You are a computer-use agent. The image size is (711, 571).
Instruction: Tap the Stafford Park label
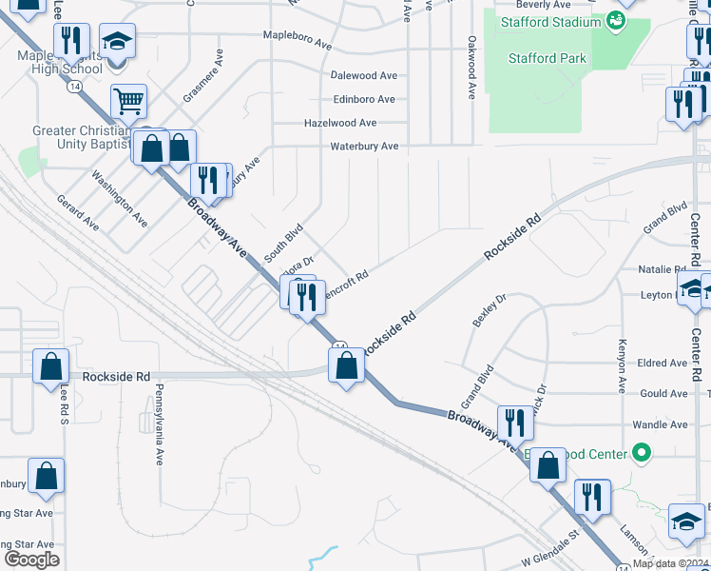[547, 58]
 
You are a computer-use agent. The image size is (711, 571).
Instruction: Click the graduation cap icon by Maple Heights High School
[117, 42]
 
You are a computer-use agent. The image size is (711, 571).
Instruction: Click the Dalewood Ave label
[363, 75]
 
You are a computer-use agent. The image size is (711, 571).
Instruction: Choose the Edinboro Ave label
[364, 99]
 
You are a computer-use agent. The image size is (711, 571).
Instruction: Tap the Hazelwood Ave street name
[340, 123]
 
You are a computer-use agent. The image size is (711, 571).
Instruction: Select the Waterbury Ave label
[364, 147]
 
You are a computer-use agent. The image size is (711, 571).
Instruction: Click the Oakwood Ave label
[471, 68]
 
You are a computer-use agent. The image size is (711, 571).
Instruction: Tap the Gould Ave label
[664, 393]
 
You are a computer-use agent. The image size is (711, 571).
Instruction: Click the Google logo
[31, 559]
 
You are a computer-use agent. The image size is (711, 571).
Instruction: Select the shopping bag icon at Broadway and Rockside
[346, 365]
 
